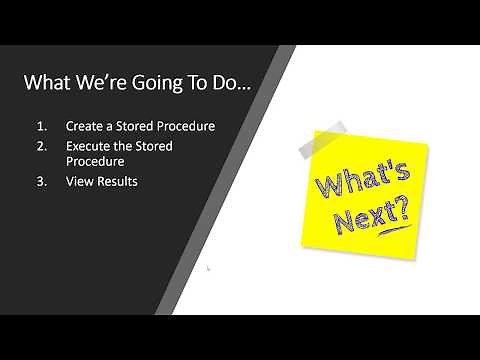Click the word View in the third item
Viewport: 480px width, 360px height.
78,181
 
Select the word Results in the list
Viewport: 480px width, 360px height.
116,181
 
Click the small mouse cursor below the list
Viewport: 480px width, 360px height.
208,268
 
